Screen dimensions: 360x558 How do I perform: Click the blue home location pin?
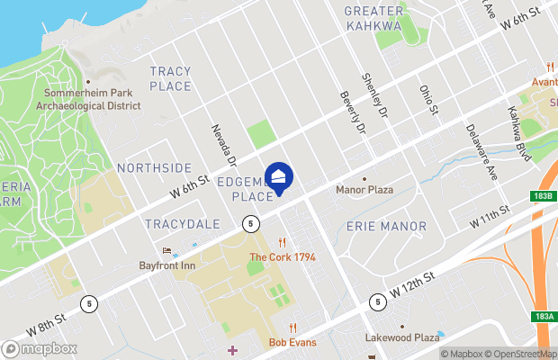pyautogui.click(x=279, y=175)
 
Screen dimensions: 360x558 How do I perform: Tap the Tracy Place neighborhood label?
pyautogui.click(x=171, y=78)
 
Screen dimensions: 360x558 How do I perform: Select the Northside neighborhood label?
pyautogui.click(x=154, y=168)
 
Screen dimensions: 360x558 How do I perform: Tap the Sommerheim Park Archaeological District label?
pyautogui.click(x=87, y=99)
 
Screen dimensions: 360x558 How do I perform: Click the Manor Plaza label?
pyautogui.click(x=364, y=190)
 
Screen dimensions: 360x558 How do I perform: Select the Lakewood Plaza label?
pyautogui.click(x=402, y=337)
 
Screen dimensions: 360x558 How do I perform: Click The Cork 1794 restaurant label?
pyautogui.click(x=282, y=257)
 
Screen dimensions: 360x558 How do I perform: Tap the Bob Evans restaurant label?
pyautogui.click(x=292, y=342)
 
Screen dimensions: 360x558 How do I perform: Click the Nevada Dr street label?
pyautogui.click(x=222, y=145)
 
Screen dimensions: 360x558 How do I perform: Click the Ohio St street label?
pyautogui.click(x=427, y=100)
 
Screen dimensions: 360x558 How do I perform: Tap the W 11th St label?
pyautogui.click(x=490, y=216)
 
